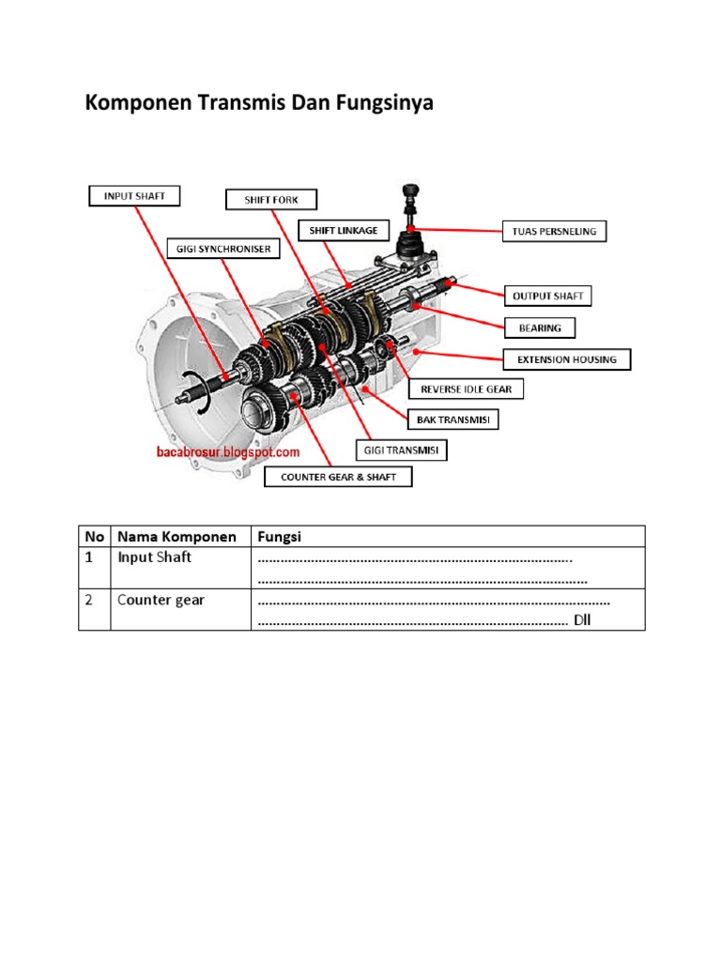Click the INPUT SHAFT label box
(x=133, y=196)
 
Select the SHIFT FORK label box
(x=271, y=200)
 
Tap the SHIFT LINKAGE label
(x=337, y=230)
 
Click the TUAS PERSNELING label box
(x=554, y=231)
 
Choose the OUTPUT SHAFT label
(x=548, y=296)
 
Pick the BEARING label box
(x=540, y=328)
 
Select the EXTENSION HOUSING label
(x=567, y=359)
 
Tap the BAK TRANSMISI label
(x=453, y=419)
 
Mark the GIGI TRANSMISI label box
(x=401, y=450)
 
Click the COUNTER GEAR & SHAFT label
(x=338, y=478)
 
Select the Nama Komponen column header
(x=176, y=537)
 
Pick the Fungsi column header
(x=278, y=537)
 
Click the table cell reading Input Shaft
(x=154, y=557)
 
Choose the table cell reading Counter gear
(x=161, y=600)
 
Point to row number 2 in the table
(x=90, y=600)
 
